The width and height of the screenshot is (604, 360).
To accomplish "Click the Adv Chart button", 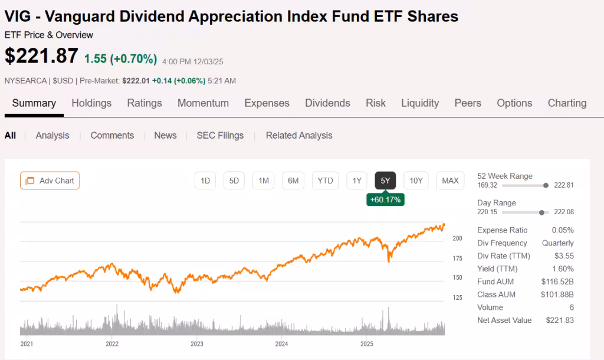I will pyautogui.click(x=50, y=181).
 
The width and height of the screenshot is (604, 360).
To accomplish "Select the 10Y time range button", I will pyautogui.click(x=416, y=181).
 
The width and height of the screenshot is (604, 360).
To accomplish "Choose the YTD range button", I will pyautogui.click(x=325, y=181).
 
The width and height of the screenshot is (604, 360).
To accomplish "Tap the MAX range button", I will pyautogui.click(x=450, y=181).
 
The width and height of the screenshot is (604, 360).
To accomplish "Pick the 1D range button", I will pyautogui.click(x=205, y=181).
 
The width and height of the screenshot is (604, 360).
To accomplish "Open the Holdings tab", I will pyautogui.click(x=91, y=103).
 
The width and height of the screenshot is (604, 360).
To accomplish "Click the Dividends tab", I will pyautogui.click(x=327, y=103).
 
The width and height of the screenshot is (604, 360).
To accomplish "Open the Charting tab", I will pyautogui.click(x=567, y=103).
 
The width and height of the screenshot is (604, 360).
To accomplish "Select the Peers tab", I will pyautogui.click(x=468, y=103).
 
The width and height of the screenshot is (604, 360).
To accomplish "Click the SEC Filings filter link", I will pyautogui.click(x=220, y=135).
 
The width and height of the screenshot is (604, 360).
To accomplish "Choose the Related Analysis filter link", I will pyautogui.click(x=299, y=135).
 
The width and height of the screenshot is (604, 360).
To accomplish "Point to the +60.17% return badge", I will pyautogui.click(x=385, y=199).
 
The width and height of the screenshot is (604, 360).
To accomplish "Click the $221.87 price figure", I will pyautogui.click(x=41, y=56).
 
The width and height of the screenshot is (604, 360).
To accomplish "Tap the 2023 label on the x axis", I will pyautogui.click(x=197, y=343).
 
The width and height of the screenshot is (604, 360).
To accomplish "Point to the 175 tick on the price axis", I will pyautogui.click(x=457, y=258).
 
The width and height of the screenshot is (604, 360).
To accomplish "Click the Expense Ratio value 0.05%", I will pyautogui.click(x=562, y=230).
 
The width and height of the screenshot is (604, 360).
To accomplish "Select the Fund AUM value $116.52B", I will pyautogui.click(x=557, y=282).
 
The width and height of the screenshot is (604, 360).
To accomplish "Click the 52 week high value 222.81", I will pyautogui.click(x=564, y=185).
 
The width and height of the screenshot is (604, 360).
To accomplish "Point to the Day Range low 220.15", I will pyautogui.click(x=487, y=212).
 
